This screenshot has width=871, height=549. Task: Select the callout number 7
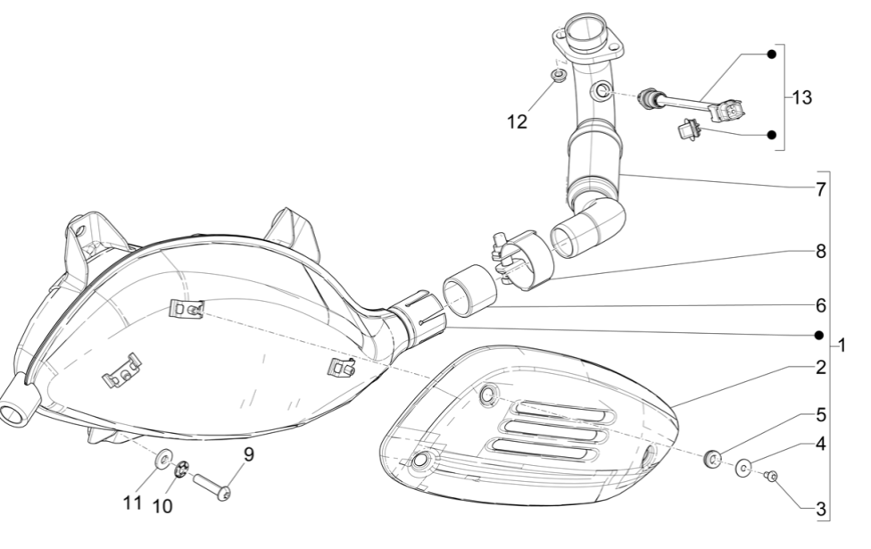819,189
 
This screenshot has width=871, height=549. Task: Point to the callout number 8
819,252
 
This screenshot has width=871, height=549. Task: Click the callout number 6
819,304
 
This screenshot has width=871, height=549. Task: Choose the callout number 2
819,367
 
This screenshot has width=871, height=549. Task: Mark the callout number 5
819,415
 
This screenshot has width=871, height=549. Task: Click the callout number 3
819,510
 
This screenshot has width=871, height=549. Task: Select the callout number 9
249,453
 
